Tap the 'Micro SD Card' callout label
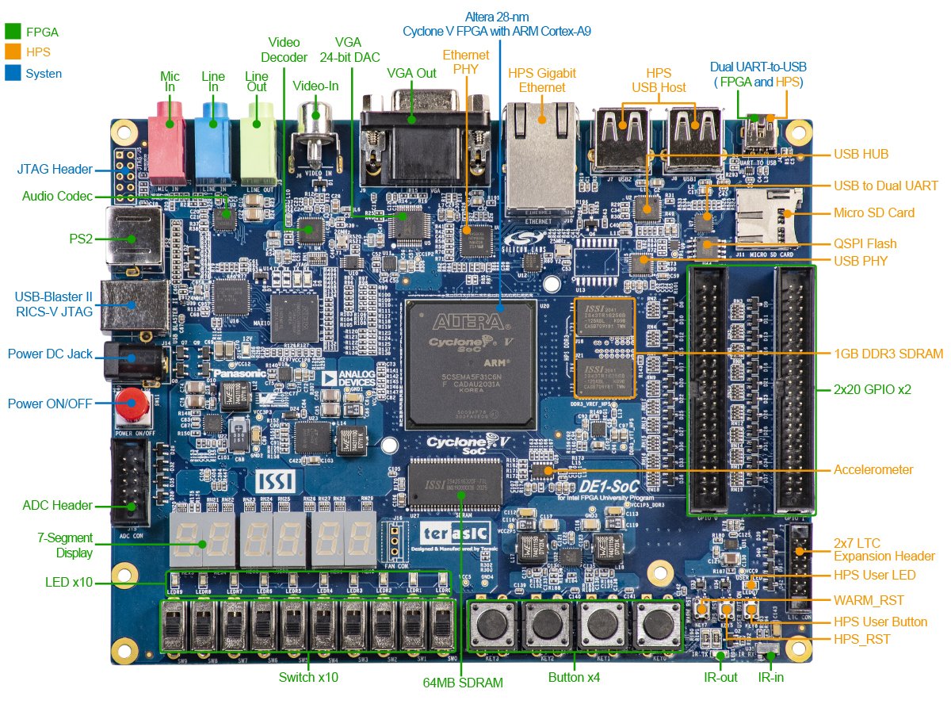pyautogui.click(x=873, y=212)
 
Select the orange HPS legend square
pyautogui.click(x=13, y=52)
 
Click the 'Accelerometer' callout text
pyautogui.click(x=873, y=469)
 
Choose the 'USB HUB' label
pyautogui.click(x=861, y=154)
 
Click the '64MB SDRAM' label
pyautogui.click(x=463, y=682)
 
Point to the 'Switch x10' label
pyautogui.click(x=308, y=677)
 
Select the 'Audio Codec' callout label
pyautogui.click(x=57, y=196)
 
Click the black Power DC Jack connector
pyautogui.click(x=129, y=359)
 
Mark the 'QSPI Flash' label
pyautogui.click(x=865, y=243)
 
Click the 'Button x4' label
pyautogui.click(x=574, y=677)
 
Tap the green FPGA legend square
pyautogui.click(x=13, y=32)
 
